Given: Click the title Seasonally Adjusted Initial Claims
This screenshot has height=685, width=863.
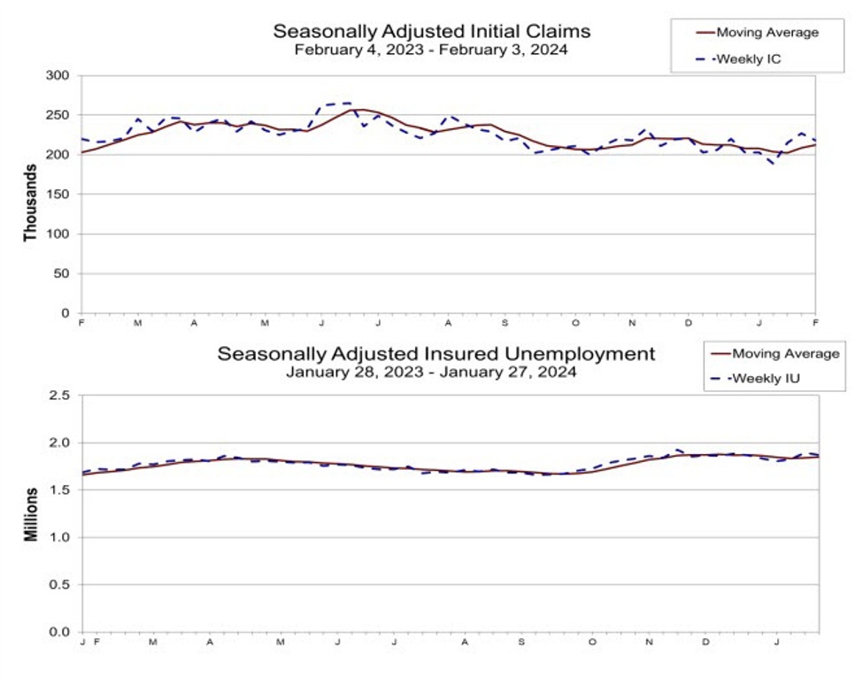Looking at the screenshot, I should pyautogui.click(x=431, y=32).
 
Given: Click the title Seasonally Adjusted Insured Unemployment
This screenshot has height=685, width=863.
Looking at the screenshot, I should pyautogui.click(x=436, y=354).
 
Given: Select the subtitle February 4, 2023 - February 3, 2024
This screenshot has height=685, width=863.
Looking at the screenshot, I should pyautogui.click(x=431, y=50).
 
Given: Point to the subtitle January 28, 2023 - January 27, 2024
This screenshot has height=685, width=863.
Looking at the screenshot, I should pyautogui.click(x=431, y=373).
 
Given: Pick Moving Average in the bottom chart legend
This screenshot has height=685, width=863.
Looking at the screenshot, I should pyautogui.click(x=785, y=354).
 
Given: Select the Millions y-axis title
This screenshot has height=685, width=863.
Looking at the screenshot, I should pyautogui.click(x=31, y=514).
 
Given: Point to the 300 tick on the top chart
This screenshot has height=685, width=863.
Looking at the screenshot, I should pyautogui.click(x=58, y=76).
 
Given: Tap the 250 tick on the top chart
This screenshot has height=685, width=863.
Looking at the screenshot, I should pyautogui.click(x=58, y=116).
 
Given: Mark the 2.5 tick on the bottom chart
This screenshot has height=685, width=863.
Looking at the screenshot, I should pyautogui.click(x=60, y=396).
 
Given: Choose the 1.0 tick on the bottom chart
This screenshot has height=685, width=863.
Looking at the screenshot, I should pyautogui.click(x=60, y=537).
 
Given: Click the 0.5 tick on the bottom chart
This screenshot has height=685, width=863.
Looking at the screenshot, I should pyautogui.click(x=60, y=585).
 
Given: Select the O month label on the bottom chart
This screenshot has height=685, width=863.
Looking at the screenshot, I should pyautogui.click(x=592, y=643).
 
